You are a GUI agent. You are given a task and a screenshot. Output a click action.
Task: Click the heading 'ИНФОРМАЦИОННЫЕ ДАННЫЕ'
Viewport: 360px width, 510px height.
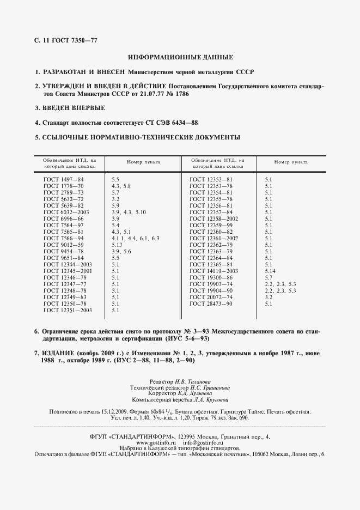click(180, 57)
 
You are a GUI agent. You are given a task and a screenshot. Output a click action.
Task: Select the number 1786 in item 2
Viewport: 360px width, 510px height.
click(186, 94)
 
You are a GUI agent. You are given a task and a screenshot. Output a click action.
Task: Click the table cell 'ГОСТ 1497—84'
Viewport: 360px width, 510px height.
click(64, 179)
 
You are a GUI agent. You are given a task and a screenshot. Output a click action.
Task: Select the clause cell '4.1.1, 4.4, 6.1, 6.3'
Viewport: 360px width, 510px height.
click(135, 238)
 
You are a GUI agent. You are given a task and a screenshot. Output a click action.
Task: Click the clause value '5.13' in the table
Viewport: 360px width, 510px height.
click(117, 245)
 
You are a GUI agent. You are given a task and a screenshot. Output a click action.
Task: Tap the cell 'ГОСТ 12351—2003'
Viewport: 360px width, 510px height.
click(67, 310)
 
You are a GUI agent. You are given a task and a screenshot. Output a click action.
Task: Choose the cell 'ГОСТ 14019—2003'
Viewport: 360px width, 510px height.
click(213, 271)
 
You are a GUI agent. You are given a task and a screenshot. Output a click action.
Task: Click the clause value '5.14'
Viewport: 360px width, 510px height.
click(270, 271)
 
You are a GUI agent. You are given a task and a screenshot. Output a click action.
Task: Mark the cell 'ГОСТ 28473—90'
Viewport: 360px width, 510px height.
click(211, 303)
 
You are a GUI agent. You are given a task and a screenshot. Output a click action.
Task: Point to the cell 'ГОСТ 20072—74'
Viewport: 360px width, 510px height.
click(211, 297)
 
